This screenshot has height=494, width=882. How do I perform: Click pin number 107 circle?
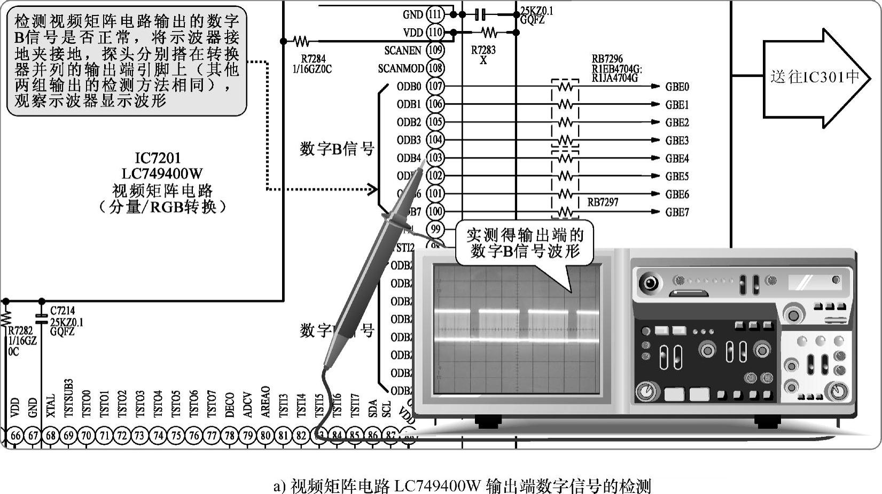pyautogui.click(x=435, y=86)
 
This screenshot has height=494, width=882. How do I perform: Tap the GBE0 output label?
pyautogui.click(x=677, y=87)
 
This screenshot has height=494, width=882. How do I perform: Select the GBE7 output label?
pyautogui.click(x=677, y=212)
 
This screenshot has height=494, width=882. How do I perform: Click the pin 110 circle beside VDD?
pyautogui.click(x=435, y=32)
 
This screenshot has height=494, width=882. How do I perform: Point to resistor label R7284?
pyautogui.click(x=313, y=59)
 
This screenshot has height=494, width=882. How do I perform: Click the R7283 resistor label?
pyautogui.click(x=483, y=50)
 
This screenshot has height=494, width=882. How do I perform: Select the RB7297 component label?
pyautogui.click(x=603, y=202)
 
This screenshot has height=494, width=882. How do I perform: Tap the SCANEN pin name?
pyautogui.click(x=403, y=50)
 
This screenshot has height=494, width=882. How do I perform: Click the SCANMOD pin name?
pyautogui.click(x=401, y=68)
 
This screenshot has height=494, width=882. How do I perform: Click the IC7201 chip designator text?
pyautogui.click(x=158, y=158)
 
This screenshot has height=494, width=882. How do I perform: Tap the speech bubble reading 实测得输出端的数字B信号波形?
pyautogui.click(x=525, y=243)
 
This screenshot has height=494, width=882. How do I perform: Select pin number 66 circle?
pyautogui.click(x=15, y=435)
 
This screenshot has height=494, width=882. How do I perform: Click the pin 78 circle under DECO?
pyautogui.click(x=230, y=435)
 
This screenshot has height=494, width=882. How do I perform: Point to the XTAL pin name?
pyautogui.click(x=51, y=406)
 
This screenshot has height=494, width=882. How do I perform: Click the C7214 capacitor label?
pyautogui.click(x=63, y=310)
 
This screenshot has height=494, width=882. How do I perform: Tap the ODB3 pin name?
pyautogui.click(x=409, y=140)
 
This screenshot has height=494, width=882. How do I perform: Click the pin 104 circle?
pyautogui.click(x=435, y=140)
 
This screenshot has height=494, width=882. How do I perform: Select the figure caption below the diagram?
pyautogui.click(x=462, y=487)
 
